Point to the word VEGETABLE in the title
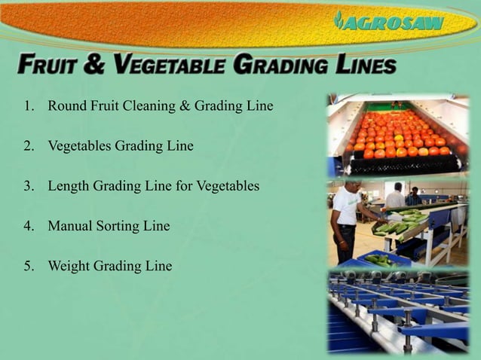(x=173, y=66)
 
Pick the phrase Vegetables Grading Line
(x=121, y=145)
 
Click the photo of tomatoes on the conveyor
(x=398, y=135)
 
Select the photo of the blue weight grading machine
(x=398, y=310)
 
